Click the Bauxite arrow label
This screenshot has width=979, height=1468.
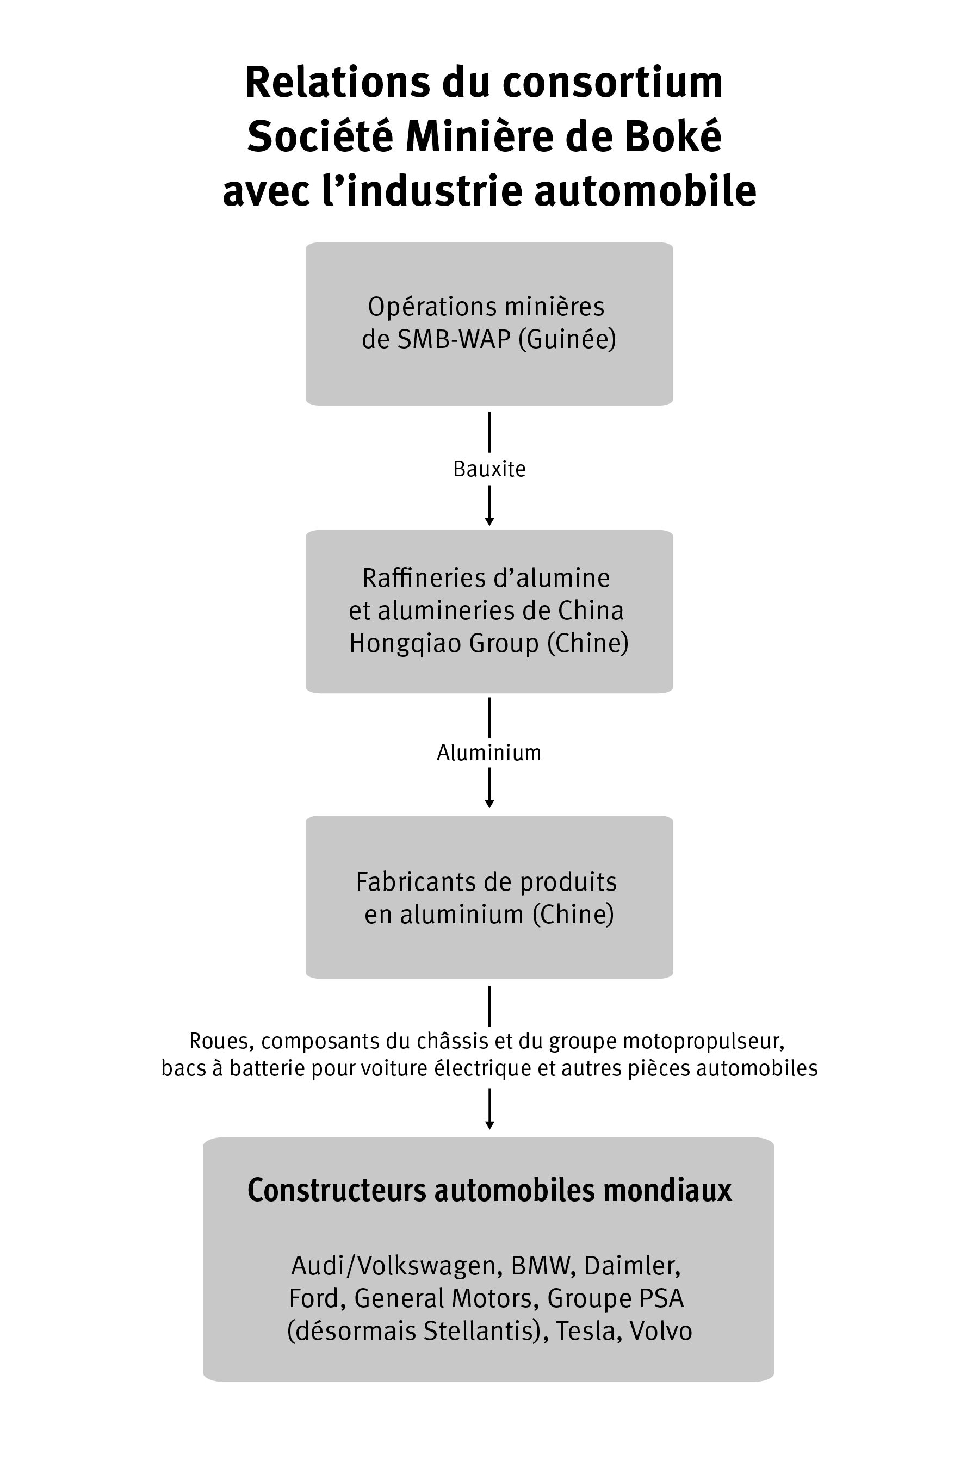[x=489, y=469]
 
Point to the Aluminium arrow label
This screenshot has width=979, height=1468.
[x=489, y=752]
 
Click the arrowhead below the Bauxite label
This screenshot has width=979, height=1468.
[x=489, y=521]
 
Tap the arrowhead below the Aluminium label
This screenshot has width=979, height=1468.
[x=489, y=804]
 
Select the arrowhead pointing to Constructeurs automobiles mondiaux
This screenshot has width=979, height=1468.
[x=489, y=1125]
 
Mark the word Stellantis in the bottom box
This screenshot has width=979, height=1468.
[x=481, y=1330]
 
